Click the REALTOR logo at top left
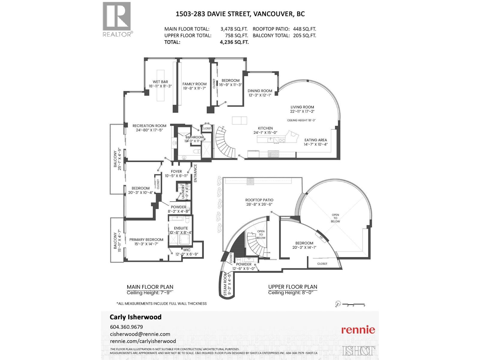pos(117,19)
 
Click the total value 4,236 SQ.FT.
pos(234,42)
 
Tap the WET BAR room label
pos(160,82)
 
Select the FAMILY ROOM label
pos(194,84)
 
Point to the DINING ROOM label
pos(260,91)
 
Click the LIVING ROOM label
pos(302,107)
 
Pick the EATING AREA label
pos(316,140)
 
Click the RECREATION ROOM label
pos(149,126)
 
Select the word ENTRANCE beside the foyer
pos(195,173)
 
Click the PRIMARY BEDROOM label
pos(146,240)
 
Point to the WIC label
pos(187,250)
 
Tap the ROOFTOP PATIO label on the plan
pos(259,200)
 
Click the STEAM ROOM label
pos(225,284)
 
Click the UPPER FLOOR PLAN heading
pos(292,287)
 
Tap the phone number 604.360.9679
pos(126,327)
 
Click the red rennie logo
pos(358,330)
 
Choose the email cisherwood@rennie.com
pos(140,334)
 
